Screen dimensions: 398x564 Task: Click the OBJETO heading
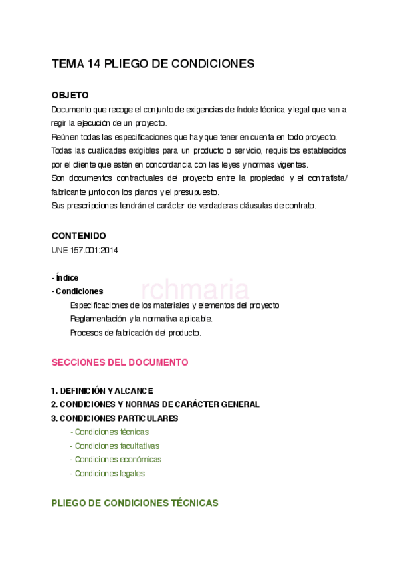(70, 96)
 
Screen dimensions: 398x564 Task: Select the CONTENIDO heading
(78, 236)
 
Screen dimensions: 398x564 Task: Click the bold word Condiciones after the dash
(79, 291)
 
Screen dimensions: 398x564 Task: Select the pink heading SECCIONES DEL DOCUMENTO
(120, 362)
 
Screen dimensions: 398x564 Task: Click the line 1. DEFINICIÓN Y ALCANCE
(102, 390)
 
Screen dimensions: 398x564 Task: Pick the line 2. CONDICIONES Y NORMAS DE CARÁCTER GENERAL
(155, 404)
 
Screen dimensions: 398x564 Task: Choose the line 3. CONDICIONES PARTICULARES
(115, 418)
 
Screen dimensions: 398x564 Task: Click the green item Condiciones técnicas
(111, 432)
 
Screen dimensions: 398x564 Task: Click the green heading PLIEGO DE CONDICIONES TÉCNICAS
(135, 503)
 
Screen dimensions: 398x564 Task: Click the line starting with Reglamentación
(141, 319)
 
